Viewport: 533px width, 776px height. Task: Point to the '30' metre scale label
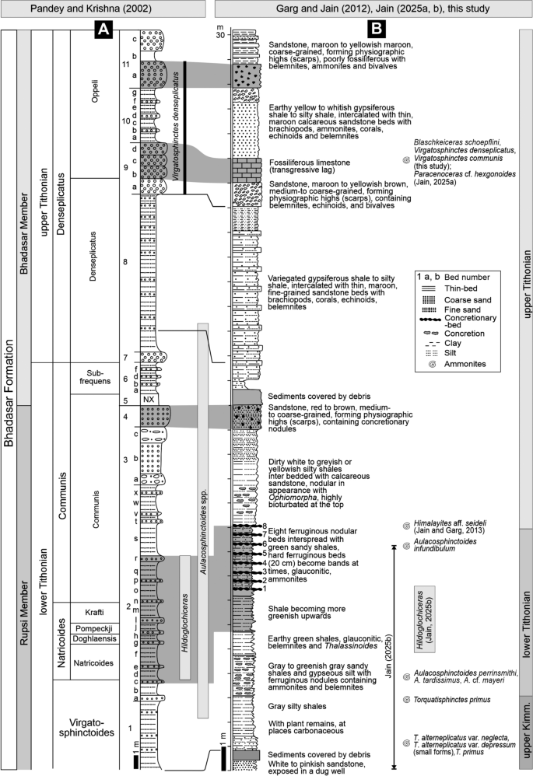[x=221, y=35]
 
